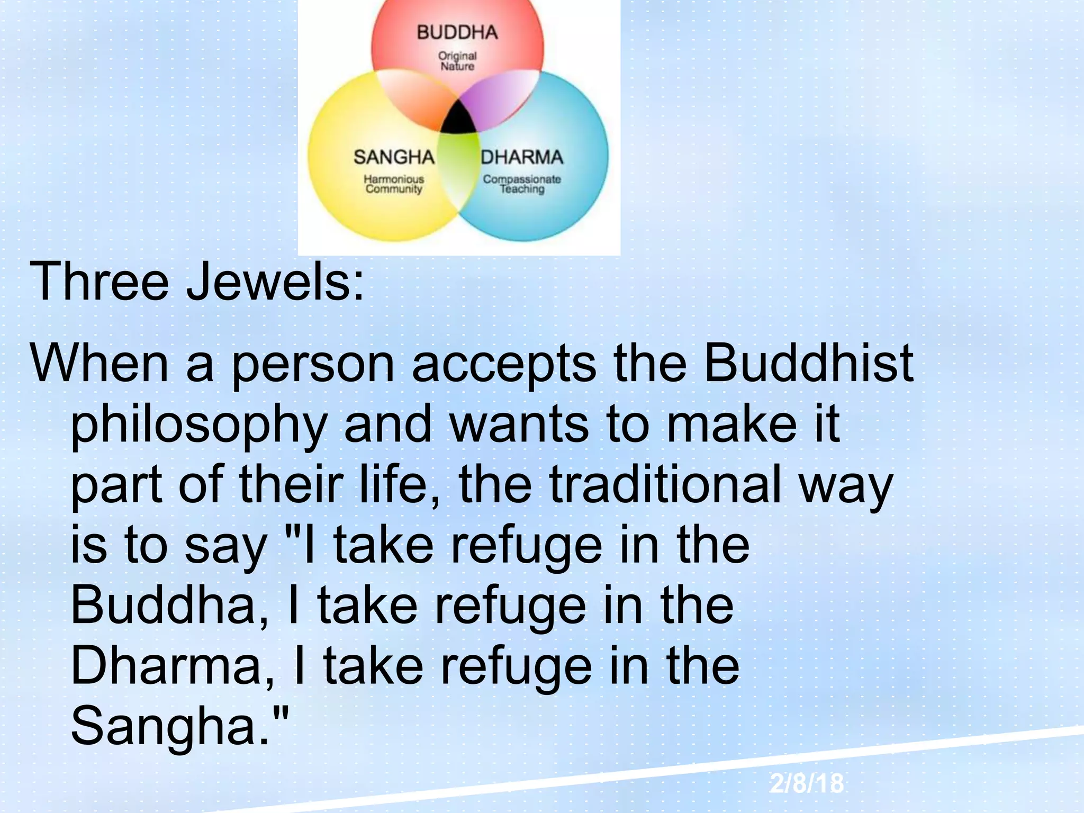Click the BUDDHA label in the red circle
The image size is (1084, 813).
[x=457, y=32]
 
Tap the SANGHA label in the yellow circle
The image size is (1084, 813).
[x=394, y=157]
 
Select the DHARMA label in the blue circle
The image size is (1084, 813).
[x=522, y=157]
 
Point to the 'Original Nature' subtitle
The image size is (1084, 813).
[x=457, y=61]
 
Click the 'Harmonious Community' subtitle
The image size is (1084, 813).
[x=394, y=184]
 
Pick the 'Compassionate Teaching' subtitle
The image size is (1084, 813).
[x=522, y=184]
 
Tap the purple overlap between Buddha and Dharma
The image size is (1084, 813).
[x=490, y=103]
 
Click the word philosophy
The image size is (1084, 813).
[x=199, y=425]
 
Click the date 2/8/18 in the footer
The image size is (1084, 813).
[x=806, y=783]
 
